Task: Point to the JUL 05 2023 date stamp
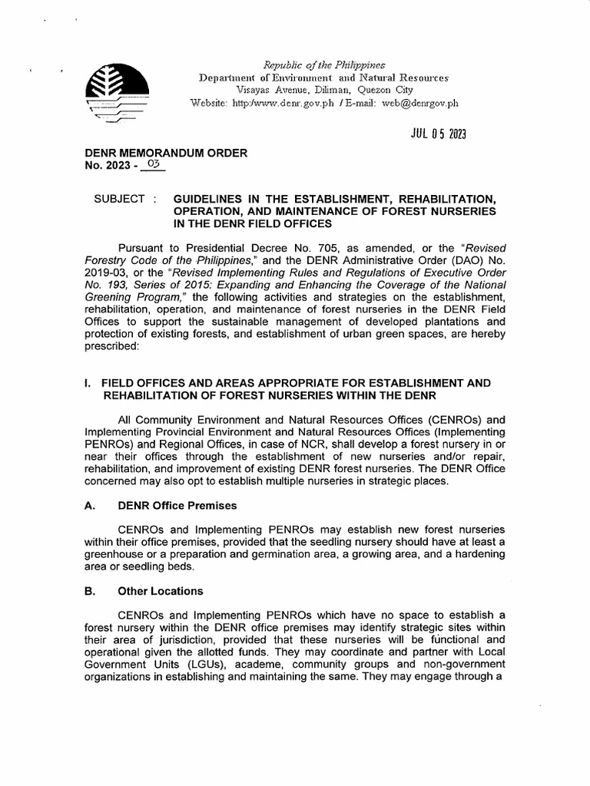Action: coord(433,135)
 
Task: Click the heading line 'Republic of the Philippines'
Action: coord(323,64)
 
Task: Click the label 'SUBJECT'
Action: coord(119,199)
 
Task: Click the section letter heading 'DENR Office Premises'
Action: coord(177,506)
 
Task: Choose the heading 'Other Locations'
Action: coord(160,591)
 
